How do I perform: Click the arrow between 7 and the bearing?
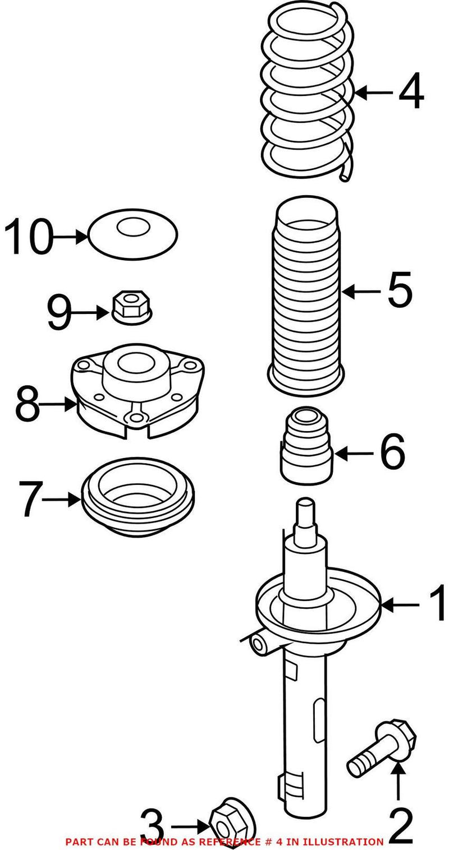61,498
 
